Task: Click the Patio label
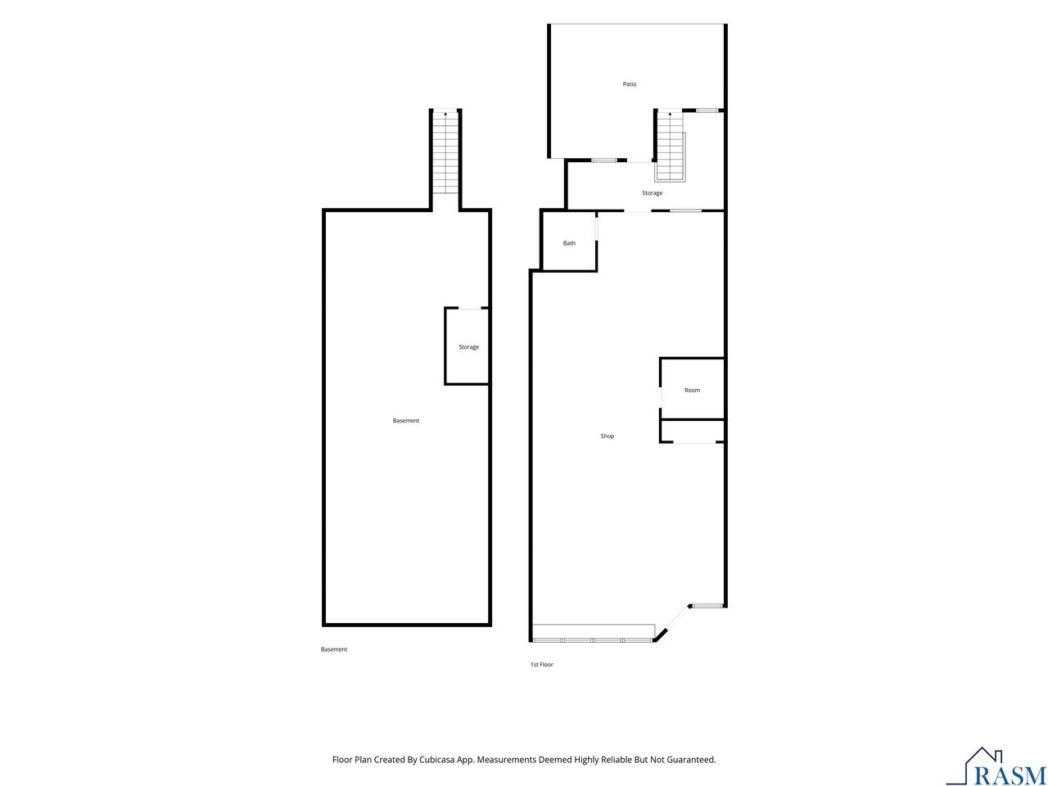click(629, 84)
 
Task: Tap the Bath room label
click(569, 243)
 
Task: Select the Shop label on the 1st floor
click(607, 436)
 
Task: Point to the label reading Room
click(692, 390)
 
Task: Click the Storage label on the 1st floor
click(652, 192)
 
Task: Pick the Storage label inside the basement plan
click(468, 347)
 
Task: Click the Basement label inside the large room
click(406, 421)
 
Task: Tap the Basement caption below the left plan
click(334, 649)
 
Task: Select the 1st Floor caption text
click(541, 664)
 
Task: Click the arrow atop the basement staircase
click(445, 114)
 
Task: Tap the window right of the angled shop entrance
click(707, 606)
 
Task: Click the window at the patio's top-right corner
click(707, 111)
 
